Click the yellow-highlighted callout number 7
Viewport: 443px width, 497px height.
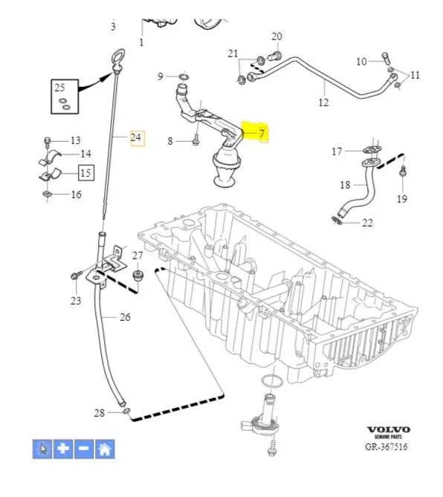pos(262,134)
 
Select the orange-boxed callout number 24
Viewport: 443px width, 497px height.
pos(136,137)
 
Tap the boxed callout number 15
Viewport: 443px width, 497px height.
pos(86,173)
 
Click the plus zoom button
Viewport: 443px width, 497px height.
pos(63,449)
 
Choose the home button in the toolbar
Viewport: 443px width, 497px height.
pos(105,449)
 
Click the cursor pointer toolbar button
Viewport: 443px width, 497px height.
pos(42,449)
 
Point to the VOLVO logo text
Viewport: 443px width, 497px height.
pos(389,430)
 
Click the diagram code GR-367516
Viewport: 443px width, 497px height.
pos(387,446)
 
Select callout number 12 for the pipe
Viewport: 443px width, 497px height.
pos(324,102)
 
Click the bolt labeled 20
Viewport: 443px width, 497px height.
pos(275,56)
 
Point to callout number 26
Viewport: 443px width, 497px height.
pos(126,317)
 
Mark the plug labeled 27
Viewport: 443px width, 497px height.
pos(138,275)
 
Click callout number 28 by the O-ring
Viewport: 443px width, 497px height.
pos(100,413)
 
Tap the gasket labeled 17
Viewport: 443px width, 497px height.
pos(372,149)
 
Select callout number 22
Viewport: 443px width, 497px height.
pos(367,223)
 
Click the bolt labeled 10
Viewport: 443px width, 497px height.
pos(385,58)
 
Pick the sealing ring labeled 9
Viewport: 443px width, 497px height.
pos(184,77)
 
